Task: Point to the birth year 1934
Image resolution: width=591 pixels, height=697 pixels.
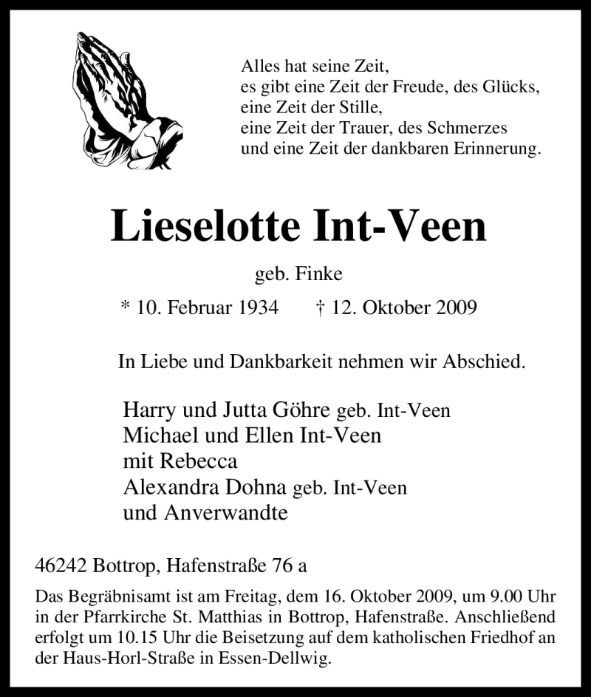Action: click(255, 307)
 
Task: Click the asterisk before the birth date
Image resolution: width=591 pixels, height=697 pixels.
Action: click(124, 306)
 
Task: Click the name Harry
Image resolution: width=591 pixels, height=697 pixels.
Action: click(148, 410)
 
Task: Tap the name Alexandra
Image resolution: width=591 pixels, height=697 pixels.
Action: click(168, 487)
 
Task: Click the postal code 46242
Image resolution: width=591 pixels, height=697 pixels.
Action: click(61, 566)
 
